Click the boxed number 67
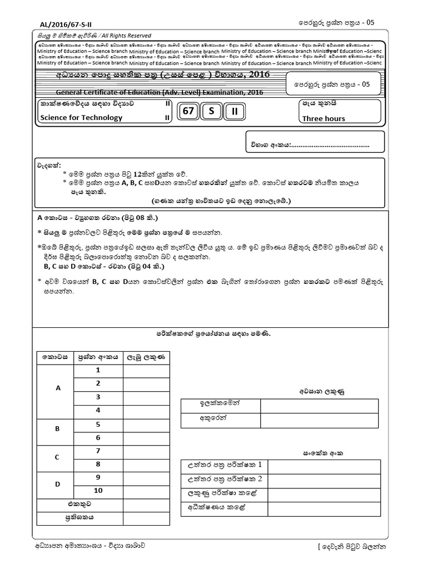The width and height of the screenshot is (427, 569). pos(188,111)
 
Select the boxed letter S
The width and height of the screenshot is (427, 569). pos(211,111)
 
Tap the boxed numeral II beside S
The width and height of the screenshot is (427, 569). pos(235,111)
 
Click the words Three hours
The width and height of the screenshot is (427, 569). pos(323,118)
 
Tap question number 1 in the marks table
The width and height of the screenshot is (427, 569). pos(98,370)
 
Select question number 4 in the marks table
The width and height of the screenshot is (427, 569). pos(98,410)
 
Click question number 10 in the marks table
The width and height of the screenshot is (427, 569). pos(98,490)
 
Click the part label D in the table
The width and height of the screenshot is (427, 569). pos(57,483)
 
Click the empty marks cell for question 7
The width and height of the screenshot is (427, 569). pos(147,451)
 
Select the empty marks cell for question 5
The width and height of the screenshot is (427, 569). pos(147,424)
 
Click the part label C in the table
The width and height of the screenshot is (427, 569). pos(57,457)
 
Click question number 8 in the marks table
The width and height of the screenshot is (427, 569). pos(98,463)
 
